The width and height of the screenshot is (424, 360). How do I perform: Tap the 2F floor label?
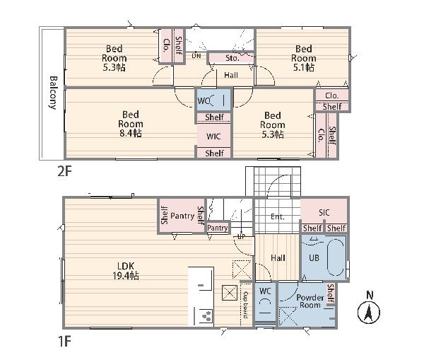click(64, 171)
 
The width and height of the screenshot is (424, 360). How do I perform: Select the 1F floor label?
click(64, 341)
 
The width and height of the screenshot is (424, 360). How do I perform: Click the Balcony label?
click(53, 93)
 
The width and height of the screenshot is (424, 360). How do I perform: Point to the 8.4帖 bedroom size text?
click(130, 133)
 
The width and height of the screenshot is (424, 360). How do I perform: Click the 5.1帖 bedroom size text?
click(304, 67)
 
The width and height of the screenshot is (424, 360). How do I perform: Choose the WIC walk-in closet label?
click(213, 137)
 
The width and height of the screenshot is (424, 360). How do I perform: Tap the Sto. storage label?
click(232, 58)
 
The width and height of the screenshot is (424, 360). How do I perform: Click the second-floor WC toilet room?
click(213, 100)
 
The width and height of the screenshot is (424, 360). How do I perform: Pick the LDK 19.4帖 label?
click(126, 271)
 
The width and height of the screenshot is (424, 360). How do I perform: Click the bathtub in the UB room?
click(335, 257)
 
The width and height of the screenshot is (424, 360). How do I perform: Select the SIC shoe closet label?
click(324, 212)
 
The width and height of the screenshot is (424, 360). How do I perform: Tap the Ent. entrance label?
click(278, 216)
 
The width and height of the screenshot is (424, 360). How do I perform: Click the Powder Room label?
click(310, 301)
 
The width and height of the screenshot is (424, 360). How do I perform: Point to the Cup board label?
click(245, 305)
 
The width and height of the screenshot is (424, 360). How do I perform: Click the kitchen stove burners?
click(207, 316)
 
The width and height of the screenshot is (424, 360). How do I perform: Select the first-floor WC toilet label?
click(265, 291)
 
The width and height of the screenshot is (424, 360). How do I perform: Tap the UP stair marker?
click(241, 236)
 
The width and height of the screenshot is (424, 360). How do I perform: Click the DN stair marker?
click(196, 56)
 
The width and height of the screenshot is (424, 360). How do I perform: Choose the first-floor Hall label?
click(278, 258)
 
